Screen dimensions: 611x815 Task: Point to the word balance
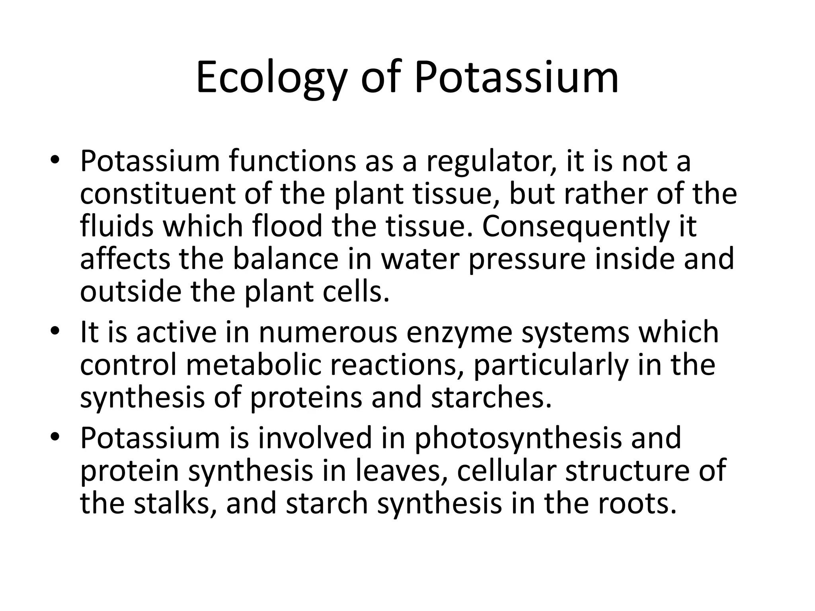coord(302,258)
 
